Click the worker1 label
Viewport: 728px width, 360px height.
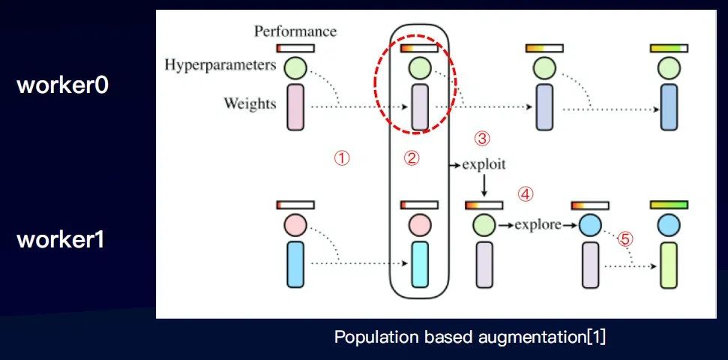pyautogui.click(x=63, y=241)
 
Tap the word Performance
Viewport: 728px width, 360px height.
pyautogui.click(x=295, y=31)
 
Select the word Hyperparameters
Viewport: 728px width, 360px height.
pyautogui.click(x=220, y=66)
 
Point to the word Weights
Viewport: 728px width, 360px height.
pyautogui.click(x=250, y=104)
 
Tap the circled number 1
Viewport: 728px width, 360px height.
pyautogui.click(x=341, y=158)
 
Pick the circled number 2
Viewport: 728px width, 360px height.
pyautogui.click(x=412, y=158)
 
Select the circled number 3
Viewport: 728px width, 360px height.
pyautogui.click(x=482, y=138)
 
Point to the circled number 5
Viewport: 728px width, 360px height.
pyautogui.click(x=625, y=239)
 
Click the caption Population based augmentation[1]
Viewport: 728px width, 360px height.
pyautogui.click(x=470, y=337)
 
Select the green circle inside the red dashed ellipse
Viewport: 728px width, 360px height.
pyautogui.click(x=419, y=69)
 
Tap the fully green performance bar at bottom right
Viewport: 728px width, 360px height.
pyautogui.click(x=669, y=205)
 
